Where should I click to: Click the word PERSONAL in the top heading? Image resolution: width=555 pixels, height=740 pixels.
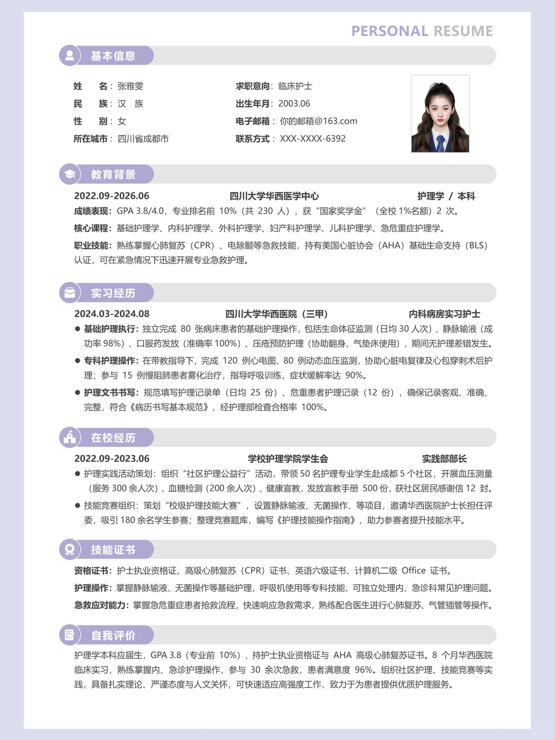click(x=390, y=31)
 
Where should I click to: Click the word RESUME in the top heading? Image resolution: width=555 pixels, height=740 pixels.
click(x=463, y=31)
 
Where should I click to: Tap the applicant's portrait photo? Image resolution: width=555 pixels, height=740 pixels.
click(x=440, y=114)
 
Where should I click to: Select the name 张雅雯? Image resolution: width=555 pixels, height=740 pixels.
click(x=131, y=86)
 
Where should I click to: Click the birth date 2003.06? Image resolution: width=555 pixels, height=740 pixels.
click(x=294, y=104)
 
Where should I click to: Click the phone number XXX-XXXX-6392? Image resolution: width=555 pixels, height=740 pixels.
click(x=312, y=139)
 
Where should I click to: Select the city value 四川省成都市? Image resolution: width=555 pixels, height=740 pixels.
click(x=143, y=139)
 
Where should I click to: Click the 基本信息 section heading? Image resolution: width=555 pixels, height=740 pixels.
click(x=113, y=56)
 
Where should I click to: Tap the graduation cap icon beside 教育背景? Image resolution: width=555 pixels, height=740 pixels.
click(x=69, y=174)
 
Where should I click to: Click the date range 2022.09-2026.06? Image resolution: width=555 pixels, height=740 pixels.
click(x=112, y=196)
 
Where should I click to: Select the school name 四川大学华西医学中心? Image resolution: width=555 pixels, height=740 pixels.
click(x=274, y=196)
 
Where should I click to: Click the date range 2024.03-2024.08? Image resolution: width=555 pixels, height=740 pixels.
click(x=112, y=314)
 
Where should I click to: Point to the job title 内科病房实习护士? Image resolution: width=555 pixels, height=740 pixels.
click(x=445, y=314)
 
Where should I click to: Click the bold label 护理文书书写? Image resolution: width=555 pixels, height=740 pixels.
click(x=110, y=393)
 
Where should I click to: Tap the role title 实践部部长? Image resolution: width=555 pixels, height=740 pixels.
click(x=445, y=459)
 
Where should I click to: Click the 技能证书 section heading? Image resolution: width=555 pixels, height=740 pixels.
click(x=113, y=550)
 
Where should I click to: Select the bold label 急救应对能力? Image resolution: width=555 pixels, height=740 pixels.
click(x=101, y=605)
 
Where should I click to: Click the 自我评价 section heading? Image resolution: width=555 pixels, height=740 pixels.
click(x=113, y=636)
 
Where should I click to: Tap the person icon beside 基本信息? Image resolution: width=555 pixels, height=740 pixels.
click(x=69, y=55)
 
